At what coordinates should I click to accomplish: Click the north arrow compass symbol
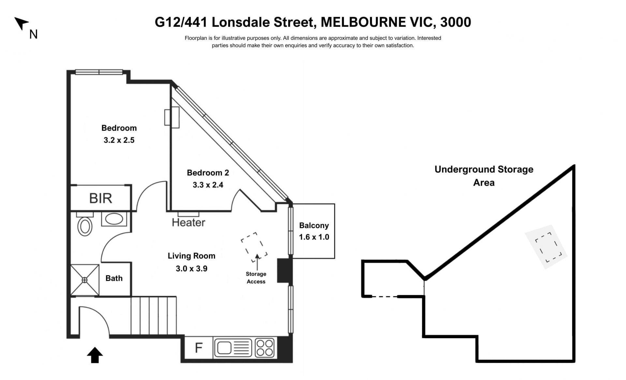tap(22, 23)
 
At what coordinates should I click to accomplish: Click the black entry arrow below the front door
tap(95, 355)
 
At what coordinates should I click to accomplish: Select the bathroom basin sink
tap(114, 219)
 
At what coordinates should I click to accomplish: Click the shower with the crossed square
tap(85, 280)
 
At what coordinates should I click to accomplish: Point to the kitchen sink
tap(233, 348)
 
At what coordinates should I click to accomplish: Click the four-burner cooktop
tap(265, 348)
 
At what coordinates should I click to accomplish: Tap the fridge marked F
tap(199, 348)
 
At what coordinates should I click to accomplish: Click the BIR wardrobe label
tap(101, 198)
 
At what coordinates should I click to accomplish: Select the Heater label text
tap(188, 222)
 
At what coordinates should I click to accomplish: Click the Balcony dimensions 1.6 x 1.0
tap(314, 237)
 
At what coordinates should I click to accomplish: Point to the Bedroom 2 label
tap(208, 173)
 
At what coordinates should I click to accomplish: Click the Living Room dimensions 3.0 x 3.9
tap(191, 268)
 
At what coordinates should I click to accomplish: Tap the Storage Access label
tap(256, 278)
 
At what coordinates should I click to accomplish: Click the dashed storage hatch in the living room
tap(254, 247)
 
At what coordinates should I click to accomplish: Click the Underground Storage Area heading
tap(484, 176)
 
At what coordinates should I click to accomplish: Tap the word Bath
tap(114, 278)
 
